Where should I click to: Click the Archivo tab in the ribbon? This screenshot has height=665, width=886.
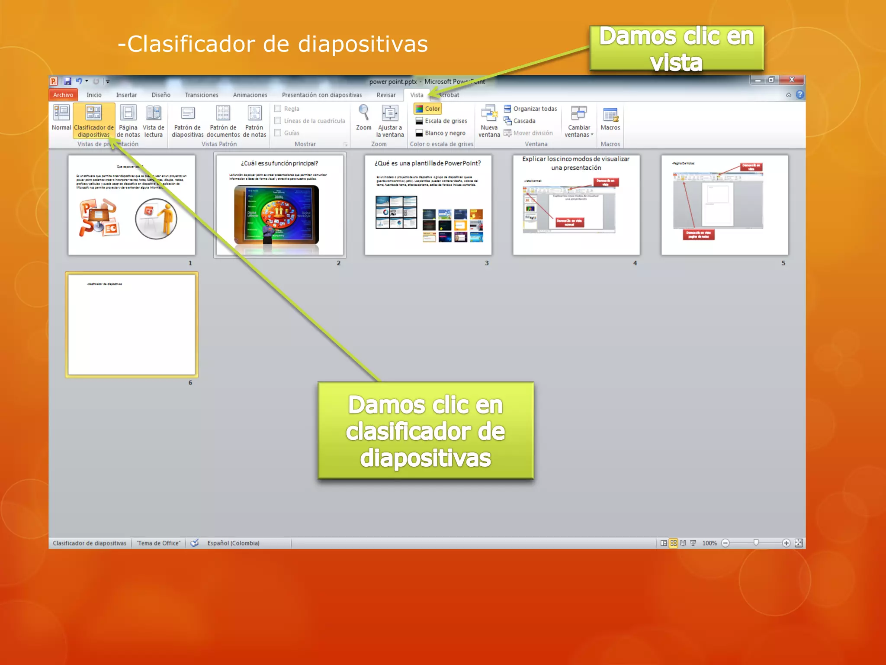63,95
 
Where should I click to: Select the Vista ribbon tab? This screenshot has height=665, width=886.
417,95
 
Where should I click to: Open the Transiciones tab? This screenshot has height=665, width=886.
202,95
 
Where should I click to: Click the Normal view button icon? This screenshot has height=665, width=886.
61,113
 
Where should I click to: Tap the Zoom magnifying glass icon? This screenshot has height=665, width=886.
364,113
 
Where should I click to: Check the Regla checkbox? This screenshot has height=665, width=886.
278,109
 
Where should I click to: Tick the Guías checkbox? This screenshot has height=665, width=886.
278,133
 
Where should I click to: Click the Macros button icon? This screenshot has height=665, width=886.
610,115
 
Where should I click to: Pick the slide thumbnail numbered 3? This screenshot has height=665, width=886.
428,205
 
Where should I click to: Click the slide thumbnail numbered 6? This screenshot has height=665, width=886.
132,325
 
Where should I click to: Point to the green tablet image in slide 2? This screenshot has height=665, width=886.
276,215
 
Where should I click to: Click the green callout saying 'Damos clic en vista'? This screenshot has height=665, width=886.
677,48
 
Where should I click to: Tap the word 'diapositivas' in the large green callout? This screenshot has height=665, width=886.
426,458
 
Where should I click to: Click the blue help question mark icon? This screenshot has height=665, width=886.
800,94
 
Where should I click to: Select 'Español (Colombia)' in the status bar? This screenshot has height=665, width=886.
233,543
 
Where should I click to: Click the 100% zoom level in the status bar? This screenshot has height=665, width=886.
709,543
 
